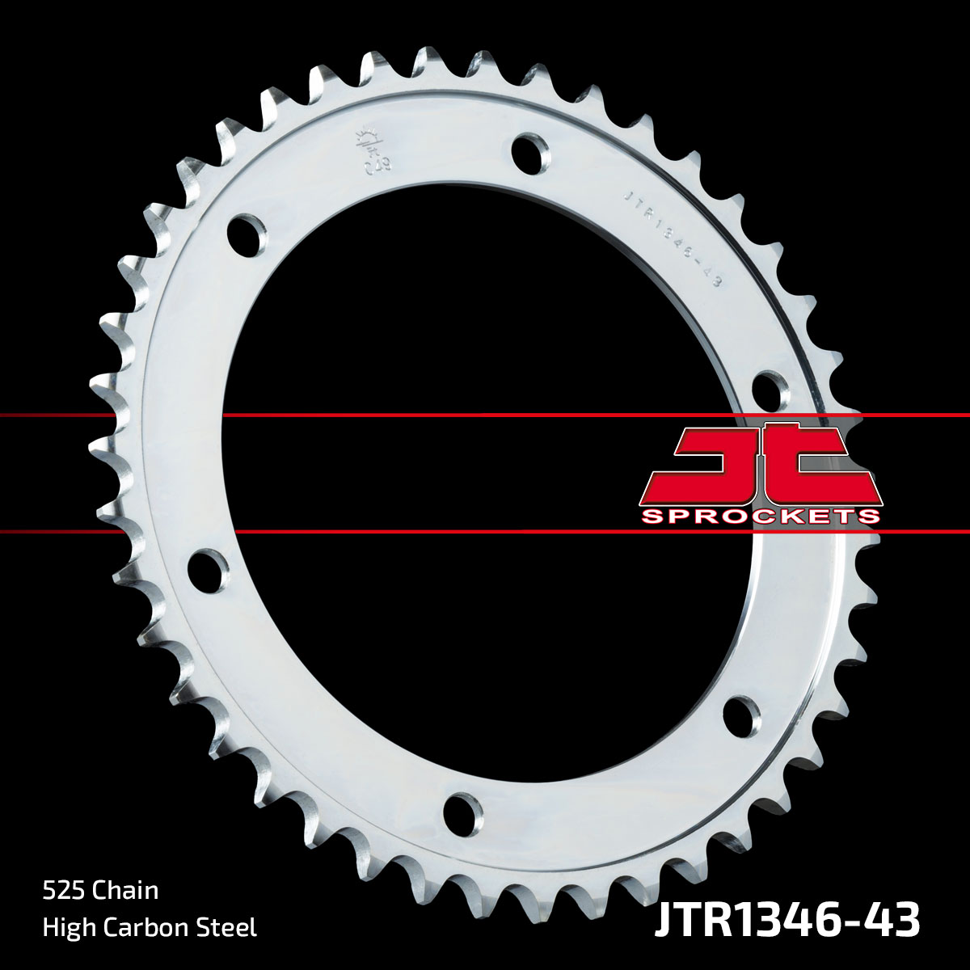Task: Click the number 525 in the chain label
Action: (x=64, y=891)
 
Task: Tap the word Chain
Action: (x=125, y=891)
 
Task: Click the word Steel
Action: (x=229, y=927)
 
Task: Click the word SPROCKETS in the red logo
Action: (x=760, y=516)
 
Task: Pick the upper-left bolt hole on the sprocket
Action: (x=246, y=234)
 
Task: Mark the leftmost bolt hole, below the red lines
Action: (x=207, y=567)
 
